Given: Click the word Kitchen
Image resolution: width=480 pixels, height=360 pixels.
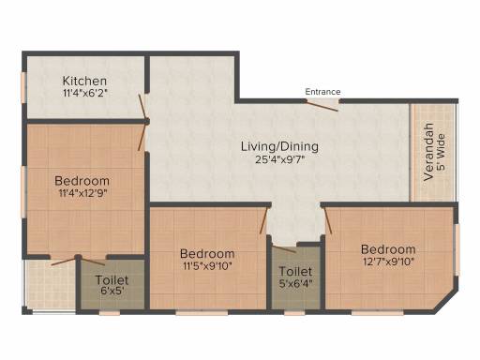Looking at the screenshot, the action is pyautogui.click(x=84, y=81).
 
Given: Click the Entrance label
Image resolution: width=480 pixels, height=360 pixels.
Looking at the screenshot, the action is pyautogui.click(x=322, y=92).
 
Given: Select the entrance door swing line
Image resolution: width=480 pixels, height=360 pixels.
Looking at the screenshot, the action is pyautogui.click(x=322, y=106).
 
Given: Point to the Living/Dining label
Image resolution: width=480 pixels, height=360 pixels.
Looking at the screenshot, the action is pyautogui.click(x=279, y=146).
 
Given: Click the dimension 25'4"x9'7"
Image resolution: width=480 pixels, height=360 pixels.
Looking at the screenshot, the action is pyautogui.click(x=279, y=159).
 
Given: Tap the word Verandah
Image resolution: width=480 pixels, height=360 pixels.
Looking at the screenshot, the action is pyautogui.click(x=428, y=152).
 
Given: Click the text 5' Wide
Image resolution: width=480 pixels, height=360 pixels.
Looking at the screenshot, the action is pyautogui.click(x=441, y=152).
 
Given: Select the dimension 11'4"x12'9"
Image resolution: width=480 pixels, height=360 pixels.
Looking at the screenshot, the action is pyautogui.click(x=82, y=193).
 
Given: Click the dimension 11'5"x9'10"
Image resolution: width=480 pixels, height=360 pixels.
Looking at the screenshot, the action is pyautogui.click(x=207, y=266).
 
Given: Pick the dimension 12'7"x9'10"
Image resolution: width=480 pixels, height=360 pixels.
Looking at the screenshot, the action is pyautogui.click(x=388, y=262).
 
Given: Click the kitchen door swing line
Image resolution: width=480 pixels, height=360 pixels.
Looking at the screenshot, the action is pyautogui.click(x=142, y=107).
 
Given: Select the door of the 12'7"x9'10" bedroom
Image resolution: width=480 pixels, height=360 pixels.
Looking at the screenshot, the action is pyautogui.click(x=327, y=220).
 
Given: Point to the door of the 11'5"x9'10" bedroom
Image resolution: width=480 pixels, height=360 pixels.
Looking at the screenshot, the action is pyautogui.click(x=264, y=220).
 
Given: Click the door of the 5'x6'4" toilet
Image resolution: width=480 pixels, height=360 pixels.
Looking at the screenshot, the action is pyautogui.click(x=284, y=249).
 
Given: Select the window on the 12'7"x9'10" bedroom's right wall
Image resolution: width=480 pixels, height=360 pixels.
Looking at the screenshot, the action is pyautogui.click(x=457, y=250).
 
